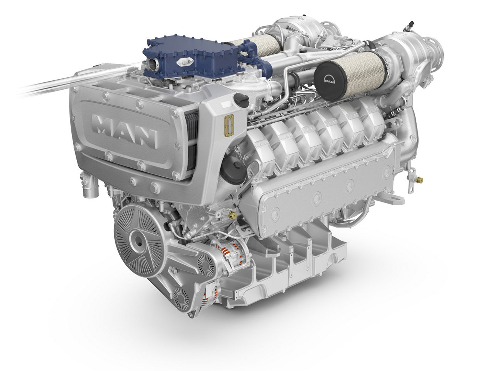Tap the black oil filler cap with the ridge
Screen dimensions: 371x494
(x=242, y=99)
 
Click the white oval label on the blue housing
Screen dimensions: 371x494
(x=182, y=62)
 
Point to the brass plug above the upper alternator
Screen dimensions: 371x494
(x=232, y=215)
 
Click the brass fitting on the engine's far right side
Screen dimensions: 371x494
(x=420, y=180)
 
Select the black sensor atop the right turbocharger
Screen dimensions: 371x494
(x=405, y=27)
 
